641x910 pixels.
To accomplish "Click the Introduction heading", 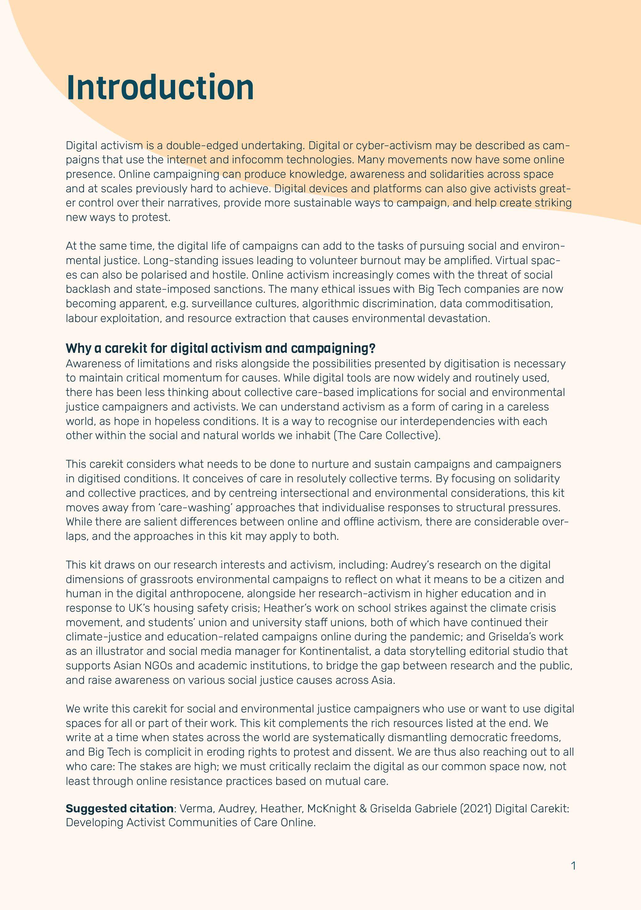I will click(x=160, y=88).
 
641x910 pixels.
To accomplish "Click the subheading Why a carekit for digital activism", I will click(x=220, y=349).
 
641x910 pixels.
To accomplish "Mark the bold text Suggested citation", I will click(x=119, y=809).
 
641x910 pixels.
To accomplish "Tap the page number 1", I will click(x=573, y=866).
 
